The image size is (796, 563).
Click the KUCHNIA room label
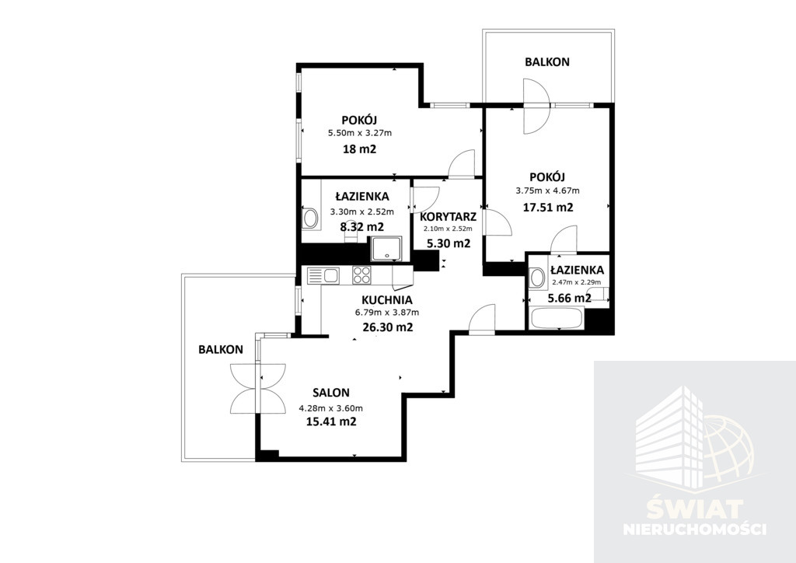387,300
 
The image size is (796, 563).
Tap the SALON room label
331,393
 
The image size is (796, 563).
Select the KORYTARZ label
449,217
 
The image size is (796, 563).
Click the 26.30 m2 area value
388,327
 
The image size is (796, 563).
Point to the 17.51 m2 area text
548,207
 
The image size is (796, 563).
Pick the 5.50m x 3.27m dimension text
360,133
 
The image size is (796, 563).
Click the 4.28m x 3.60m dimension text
331,407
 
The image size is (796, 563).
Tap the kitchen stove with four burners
362,275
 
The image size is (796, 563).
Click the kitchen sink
323,275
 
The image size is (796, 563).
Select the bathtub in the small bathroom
556,318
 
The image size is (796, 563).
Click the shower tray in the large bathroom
387,249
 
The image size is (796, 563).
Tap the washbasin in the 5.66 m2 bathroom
536,278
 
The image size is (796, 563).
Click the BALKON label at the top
546,62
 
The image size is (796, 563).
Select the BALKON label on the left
221,349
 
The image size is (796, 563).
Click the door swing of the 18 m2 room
461,163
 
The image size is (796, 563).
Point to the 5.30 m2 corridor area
449,243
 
